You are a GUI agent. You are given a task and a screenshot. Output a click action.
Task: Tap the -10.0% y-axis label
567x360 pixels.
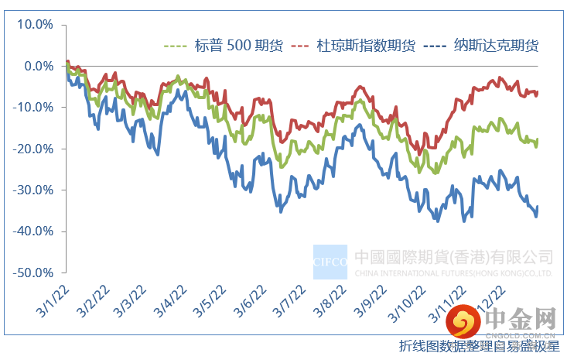(x=33, y=108)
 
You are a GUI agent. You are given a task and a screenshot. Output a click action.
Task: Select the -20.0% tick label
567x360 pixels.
(x=33, y=149)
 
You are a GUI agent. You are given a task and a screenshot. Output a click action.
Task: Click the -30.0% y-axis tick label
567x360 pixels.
(x=33, y=190)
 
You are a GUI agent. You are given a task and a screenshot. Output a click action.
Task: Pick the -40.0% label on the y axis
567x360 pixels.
(x=33, y=231)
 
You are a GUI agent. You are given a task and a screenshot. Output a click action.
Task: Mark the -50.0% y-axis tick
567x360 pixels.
(x=33, y=273)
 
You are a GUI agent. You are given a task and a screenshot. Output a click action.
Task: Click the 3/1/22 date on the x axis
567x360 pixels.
(x=50, y=300)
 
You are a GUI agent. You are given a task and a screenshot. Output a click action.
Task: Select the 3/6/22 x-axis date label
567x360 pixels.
(x=251, y=300)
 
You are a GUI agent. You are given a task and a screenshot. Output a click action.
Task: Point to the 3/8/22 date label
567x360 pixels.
(x=331, y=300)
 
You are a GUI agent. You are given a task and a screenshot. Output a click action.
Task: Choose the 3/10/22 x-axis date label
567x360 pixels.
(x=410, y=302)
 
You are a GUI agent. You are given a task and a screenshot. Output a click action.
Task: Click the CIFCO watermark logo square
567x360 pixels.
(x=331, y=261)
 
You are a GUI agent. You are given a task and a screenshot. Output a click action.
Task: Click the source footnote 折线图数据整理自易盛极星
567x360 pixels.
(x=480, y=345)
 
